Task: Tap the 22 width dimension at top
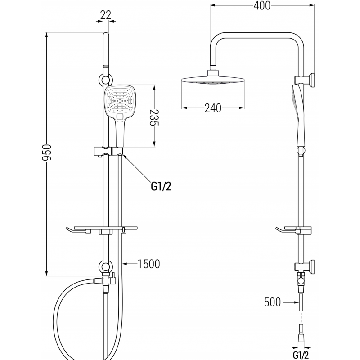click(x=105, y=15)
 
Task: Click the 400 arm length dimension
click(x=261, y=5)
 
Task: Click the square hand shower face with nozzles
click(x=119, y=102)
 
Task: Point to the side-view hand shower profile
click(x=299, y=112)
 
